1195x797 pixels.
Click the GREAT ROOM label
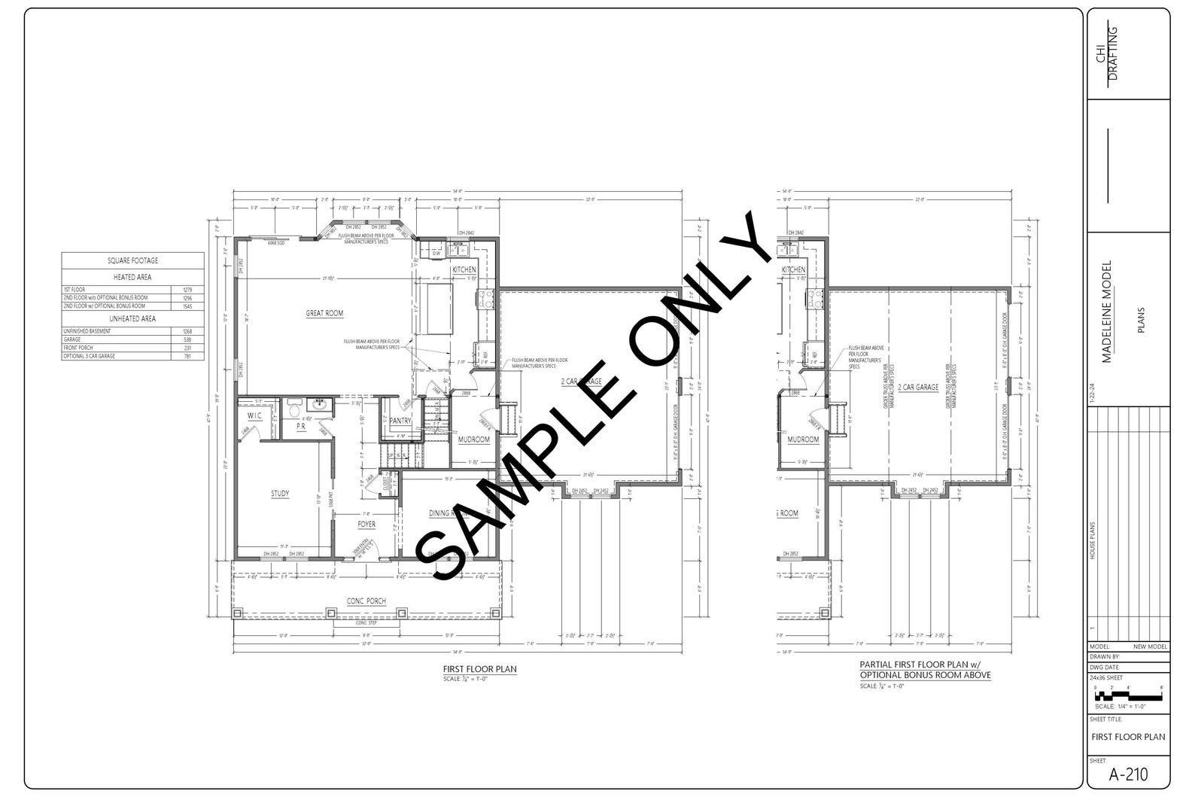pyautogui.click(x=324, y=313)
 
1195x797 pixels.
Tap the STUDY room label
pyautogui.click(x=280, y=494)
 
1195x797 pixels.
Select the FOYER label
pyautogui.click(x=366, y=524)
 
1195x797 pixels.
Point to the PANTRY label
pyautogui.click(x=400, y=421)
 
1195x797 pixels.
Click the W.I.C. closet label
pyautogui.click(x=254, y=415)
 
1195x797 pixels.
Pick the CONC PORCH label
pyautogui.click(x=366, y=601)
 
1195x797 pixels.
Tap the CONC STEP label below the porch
pyautogui.click(x=366, y=623)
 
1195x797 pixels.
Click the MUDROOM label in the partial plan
pyautogui.click(x=803, y=440)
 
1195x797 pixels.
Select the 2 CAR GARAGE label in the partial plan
pyautogui.click(x=918, y=388)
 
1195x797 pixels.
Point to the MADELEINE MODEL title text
pyautogui.click(x=1106, y=312)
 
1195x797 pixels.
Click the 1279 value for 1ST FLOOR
pyautogui.click(x=187, y=290)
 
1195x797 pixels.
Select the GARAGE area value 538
pyautogui.click(x=187, y=339)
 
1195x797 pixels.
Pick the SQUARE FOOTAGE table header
pyautogui.click(x=133, y=260)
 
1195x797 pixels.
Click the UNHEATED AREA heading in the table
pyautogui.click(x=133, y=318)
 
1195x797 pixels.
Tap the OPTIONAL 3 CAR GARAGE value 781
pyautogui.click(x=187, y=356)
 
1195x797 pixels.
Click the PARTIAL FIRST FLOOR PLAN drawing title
pyautogui.click(x=925, y=670)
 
